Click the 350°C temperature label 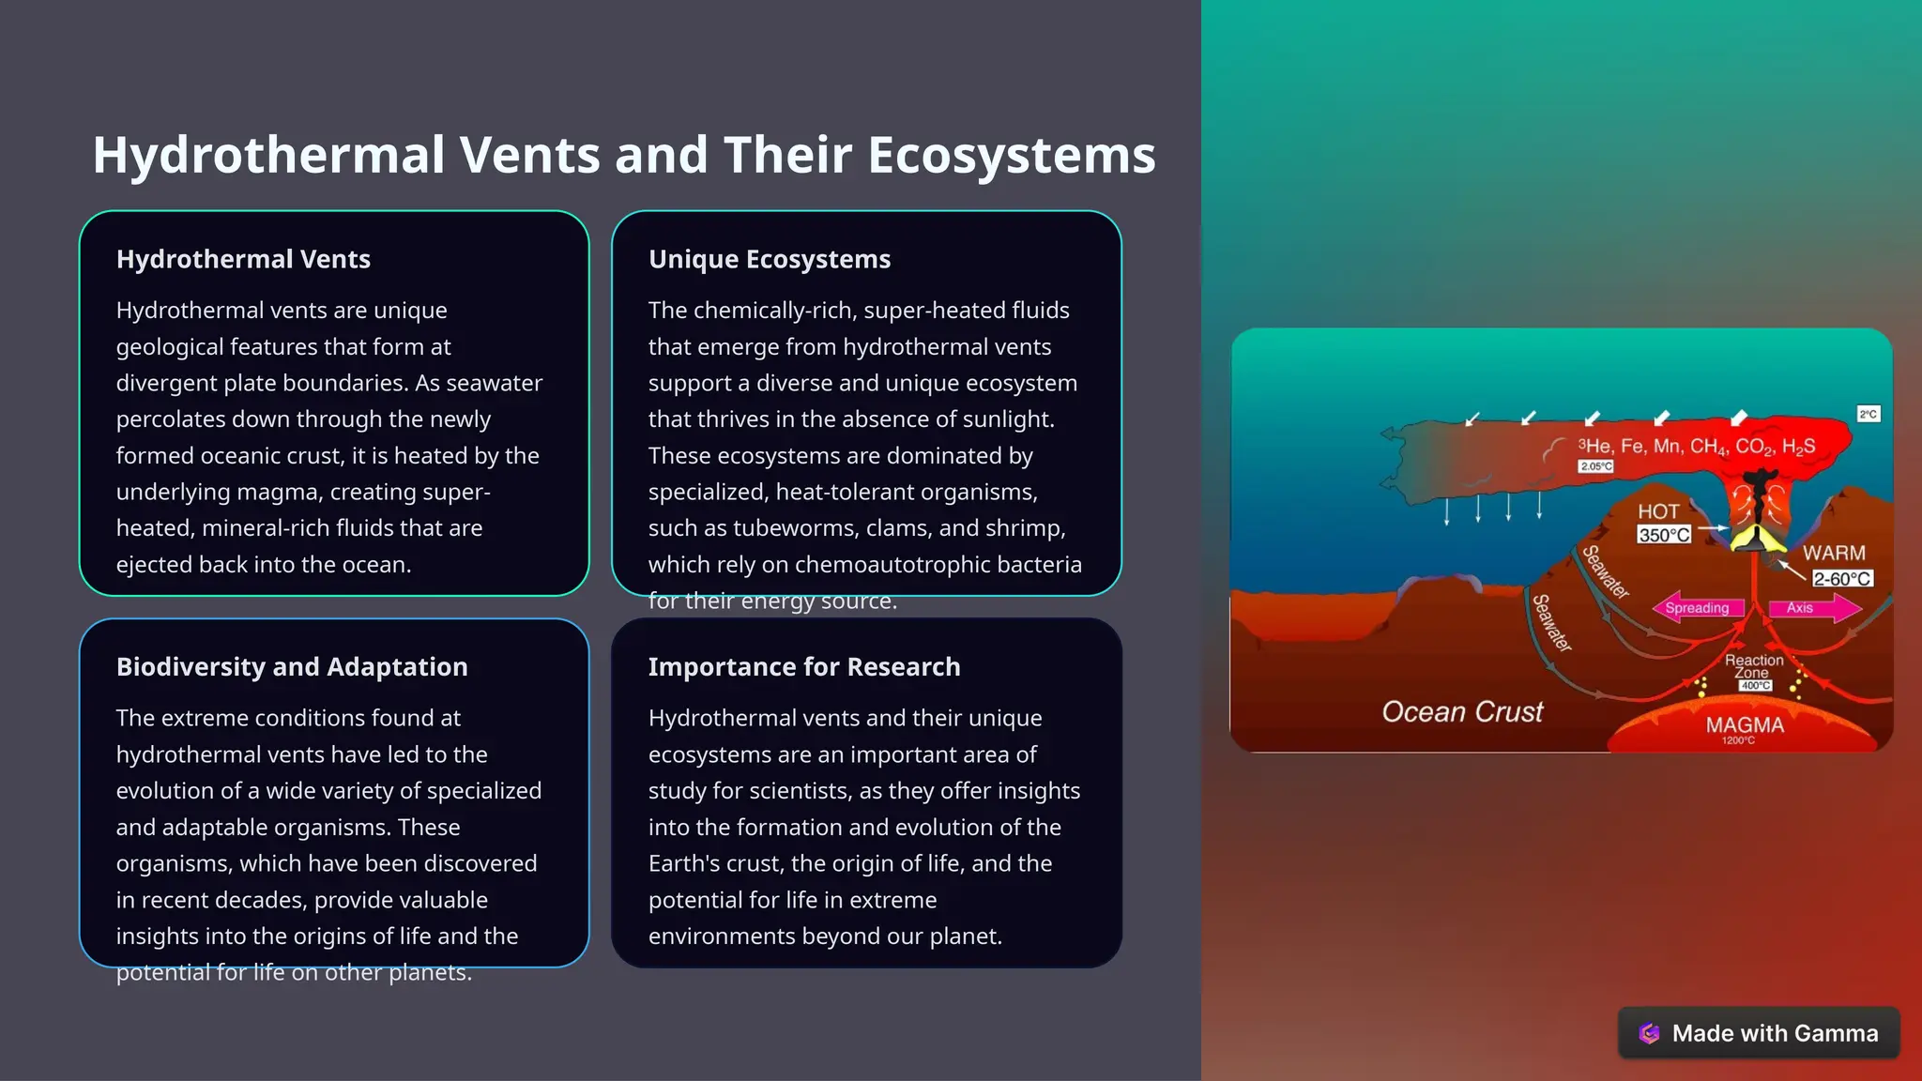tap(1663, 535)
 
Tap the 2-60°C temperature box tap(1841, 579)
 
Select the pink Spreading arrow tap(1697, 608)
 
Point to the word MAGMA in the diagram tap(1745, 725)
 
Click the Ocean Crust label tap(1462, 712)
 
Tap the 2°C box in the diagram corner tap(1868, 414)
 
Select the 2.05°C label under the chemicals tap(1595, 466)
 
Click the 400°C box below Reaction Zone tap(1755, 686)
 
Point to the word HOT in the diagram tap(1658, 511)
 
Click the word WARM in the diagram tap(1834, 553)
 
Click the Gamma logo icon tap(1649, 1033)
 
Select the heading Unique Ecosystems tap(770, 259)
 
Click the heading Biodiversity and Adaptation tap(292, 667)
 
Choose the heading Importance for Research tap(804, 667)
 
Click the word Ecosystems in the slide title tap(1011, 155)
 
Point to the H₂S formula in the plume tap(1798, 447)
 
